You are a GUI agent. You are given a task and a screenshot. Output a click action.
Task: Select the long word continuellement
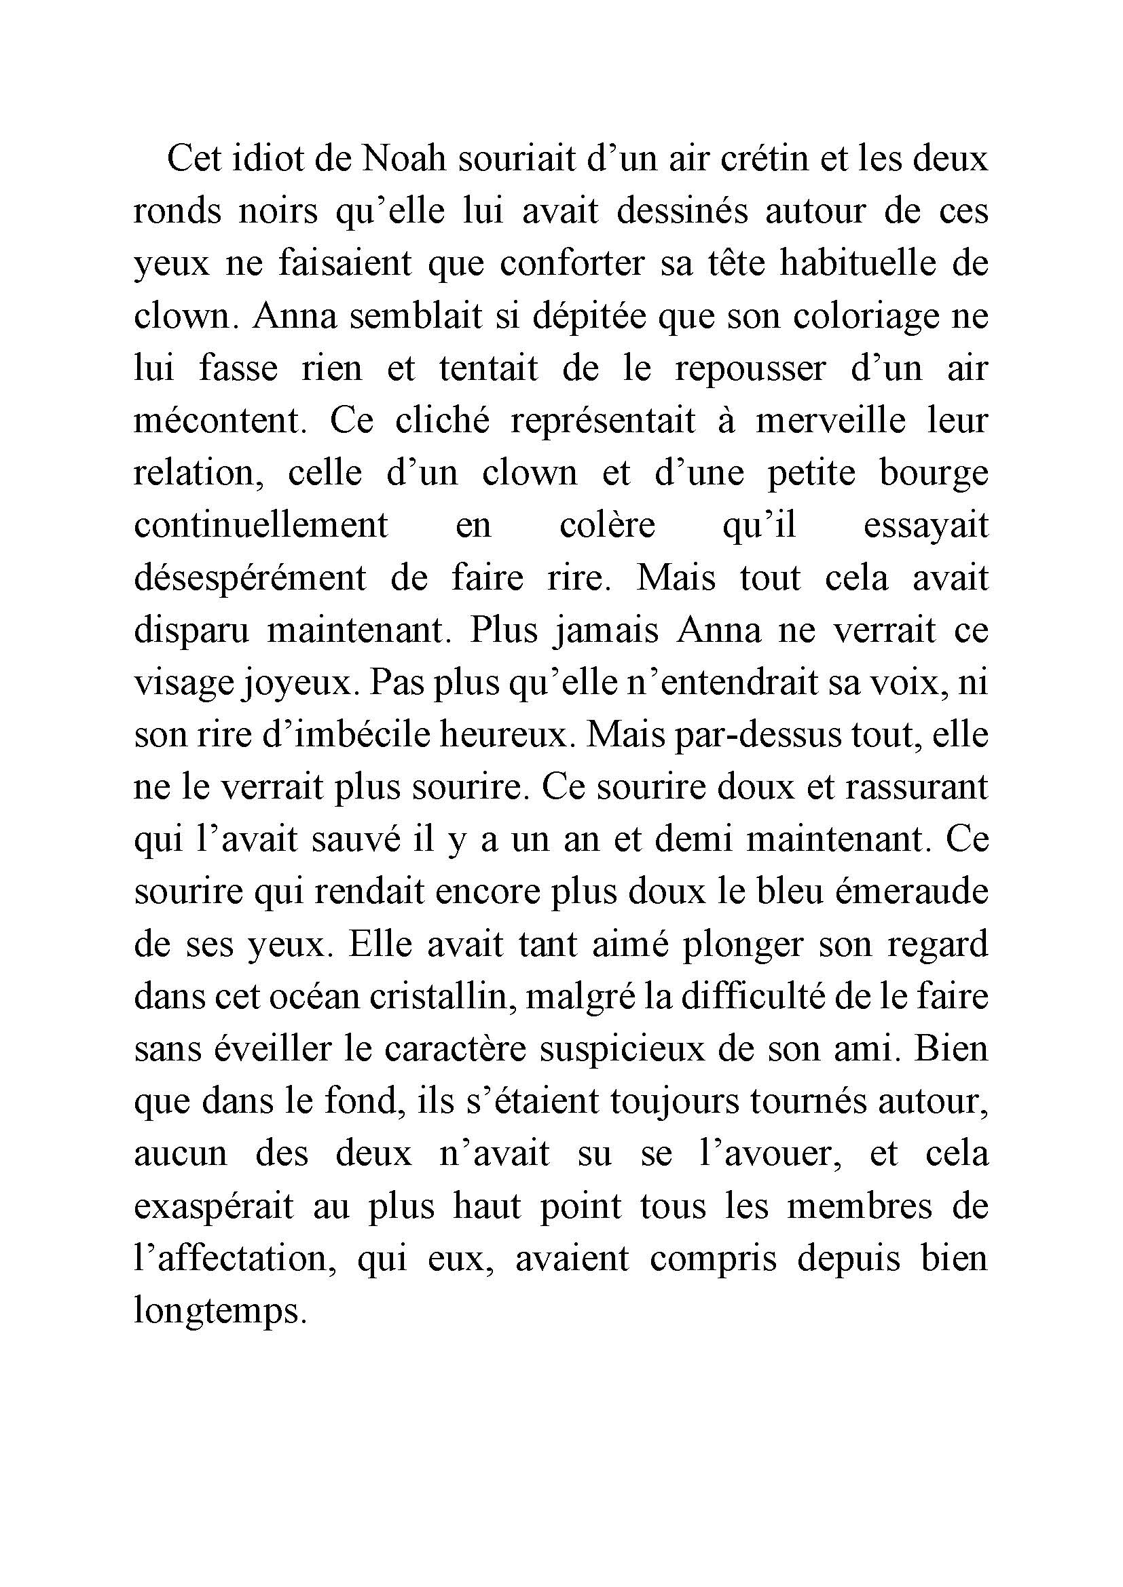[261, 526]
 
